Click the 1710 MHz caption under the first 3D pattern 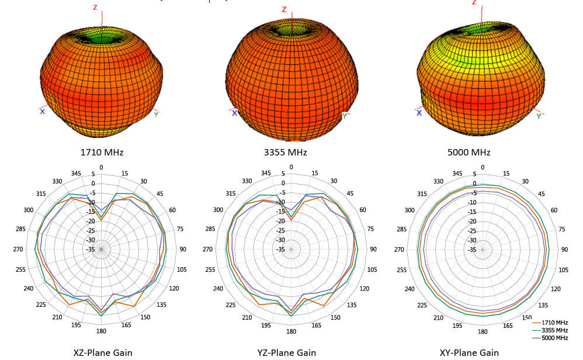tap(102, 153)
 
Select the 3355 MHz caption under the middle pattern tap(285, 153)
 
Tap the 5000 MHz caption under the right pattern tap(469, 153)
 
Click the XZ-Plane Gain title tap(102, 352)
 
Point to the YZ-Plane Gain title tap(286, 352)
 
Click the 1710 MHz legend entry tap(554, 323)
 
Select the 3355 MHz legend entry tap(554, 330)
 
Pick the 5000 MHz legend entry tap(554, 338)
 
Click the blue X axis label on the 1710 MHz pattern tap(42, 111)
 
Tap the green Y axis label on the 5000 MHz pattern tap(538, 116)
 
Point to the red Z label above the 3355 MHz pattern tap(284, 9)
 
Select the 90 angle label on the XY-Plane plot tap(564, 250)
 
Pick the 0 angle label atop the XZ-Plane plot tap(101, 168)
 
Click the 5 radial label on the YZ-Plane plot tap(283, 174)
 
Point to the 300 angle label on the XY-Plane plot tap(410, 210)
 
